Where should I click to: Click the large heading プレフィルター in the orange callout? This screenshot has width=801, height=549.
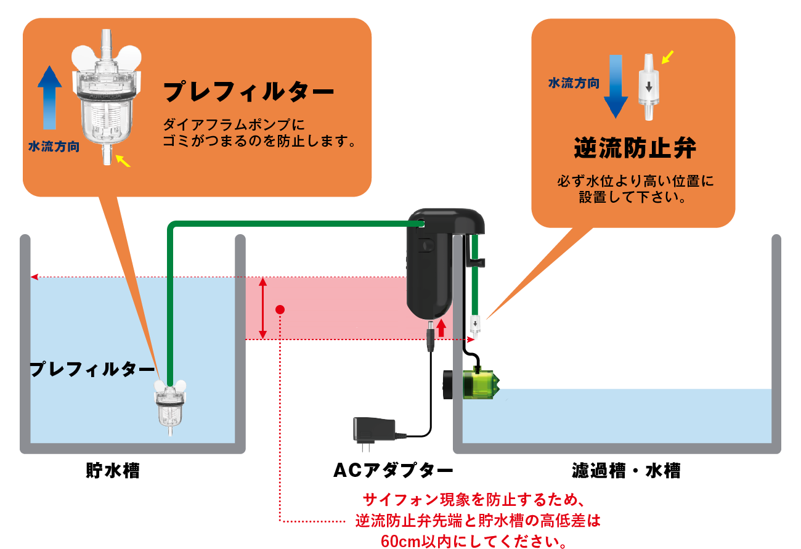coord(248,93)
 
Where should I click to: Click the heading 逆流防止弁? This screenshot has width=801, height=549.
coord(635,148)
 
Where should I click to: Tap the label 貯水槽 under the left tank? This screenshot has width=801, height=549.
coord(112,471)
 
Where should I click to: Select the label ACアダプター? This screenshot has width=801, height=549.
coord(393,471)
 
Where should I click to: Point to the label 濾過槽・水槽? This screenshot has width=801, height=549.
coord(626,472)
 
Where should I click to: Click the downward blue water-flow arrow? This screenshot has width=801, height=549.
coord(616,86)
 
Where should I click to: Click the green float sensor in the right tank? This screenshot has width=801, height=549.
coord(480,382)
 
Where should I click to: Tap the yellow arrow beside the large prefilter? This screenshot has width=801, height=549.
coord(124,161)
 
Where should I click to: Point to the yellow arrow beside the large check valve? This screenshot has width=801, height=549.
coord(668,57)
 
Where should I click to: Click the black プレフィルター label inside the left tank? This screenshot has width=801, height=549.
coord(92,370)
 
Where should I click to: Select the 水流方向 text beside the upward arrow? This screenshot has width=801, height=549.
coord(54,148)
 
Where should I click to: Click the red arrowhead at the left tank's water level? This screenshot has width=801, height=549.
coord(35,277)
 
